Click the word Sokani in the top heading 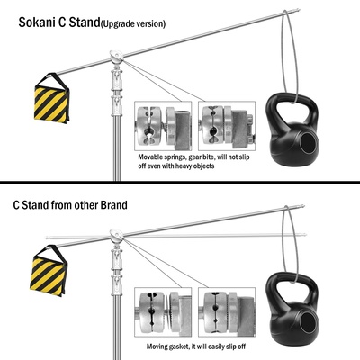pyautogui.click(x=37, y=22)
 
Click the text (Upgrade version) pyautogui.click(x=133, y=23)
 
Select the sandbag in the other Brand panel pyautogui.click(x=49, y=270)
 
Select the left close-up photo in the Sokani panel pyautogui.click(x=163, y=126)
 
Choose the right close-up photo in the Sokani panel pyautogui.click(x=227, y=126)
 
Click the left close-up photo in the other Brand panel pyautogui.click(x=163, y=312)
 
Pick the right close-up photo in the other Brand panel pyautogui.click(x=227, y=312)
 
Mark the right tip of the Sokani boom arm pyautogui.click(x=299, y=10)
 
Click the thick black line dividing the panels pyautogui.click(x=180, y=182)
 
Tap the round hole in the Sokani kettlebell pyautogui.click(x=308, y=143)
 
